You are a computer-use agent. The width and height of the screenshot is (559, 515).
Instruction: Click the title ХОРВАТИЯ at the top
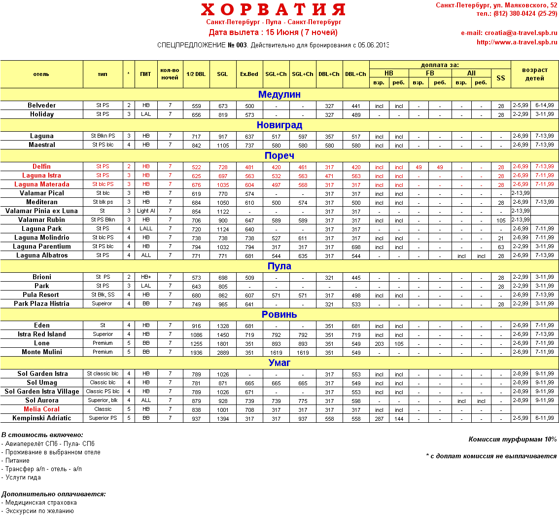click(x=273, y=9)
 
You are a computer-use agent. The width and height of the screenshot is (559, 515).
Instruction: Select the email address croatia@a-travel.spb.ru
click(x=509, y=33)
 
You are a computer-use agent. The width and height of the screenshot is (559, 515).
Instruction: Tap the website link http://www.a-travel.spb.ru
click(x=517, y=42)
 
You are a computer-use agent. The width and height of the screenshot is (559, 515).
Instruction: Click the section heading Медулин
click(x=279, y=94)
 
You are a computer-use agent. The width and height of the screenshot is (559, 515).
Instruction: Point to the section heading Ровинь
click(x=279, y=314)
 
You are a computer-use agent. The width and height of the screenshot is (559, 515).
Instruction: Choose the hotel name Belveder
click(x=42, y=106)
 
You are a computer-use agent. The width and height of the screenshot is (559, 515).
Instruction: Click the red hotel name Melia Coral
click(x=42, y=409)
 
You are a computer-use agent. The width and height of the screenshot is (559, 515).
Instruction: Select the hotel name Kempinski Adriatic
click(x=42, y=418)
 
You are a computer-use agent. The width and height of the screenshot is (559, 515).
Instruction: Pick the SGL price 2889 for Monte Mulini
click(x=222, y=352)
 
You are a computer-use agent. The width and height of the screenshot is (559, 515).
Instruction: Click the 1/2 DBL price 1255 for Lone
click(x=196, y=343)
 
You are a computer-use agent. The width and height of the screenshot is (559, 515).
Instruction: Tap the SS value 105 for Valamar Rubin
click(x=501, y=220)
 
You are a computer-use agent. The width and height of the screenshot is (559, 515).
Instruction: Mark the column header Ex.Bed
click(x=249, y=74)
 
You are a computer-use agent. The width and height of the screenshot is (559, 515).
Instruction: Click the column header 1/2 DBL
click(x=196, y=74)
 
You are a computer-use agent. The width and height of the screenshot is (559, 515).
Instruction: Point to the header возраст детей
click(x=534, y=74)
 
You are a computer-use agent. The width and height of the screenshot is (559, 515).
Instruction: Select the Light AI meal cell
click(x=146, y=211)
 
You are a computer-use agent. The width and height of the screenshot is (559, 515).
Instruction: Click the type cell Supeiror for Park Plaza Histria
click(x=103, y=304)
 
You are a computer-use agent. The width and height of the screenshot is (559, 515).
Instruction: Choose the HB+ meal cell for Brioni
click(x=146, y=277)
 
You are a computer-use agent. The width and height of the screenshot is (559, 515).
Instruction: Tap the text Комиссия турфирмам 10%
click(x=512, y=440)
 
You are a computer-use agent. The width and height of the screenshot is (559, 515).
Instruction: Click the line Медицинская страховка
click(x=41, y=502)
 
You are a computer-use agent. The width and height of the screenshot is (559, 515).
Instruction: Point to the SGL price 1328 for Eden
click(x=222, y=326)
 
